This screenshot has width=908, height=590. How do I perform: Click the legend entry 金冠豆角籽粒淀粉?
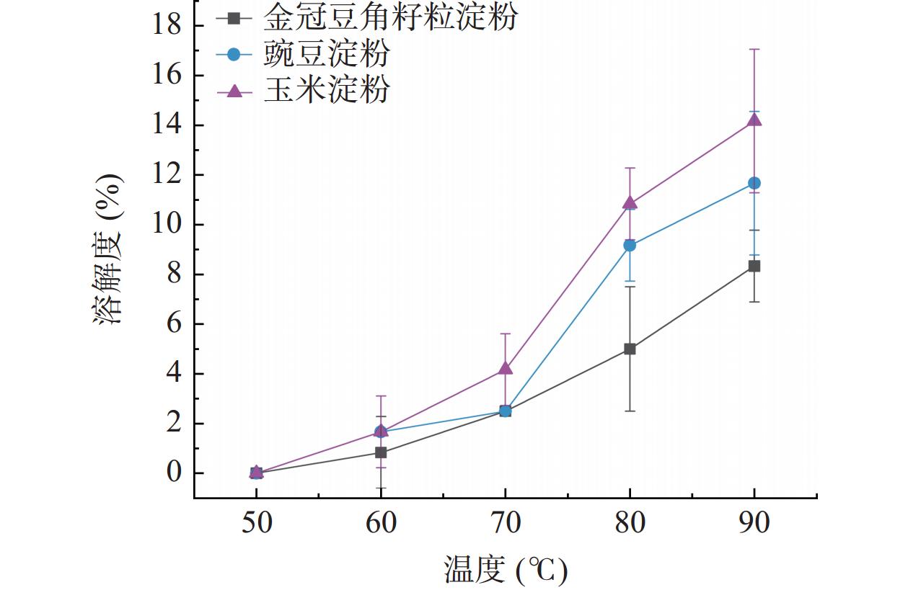(x=389, y=17)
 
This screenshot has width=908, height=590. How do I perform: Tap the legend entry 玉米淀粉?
(x=326, y=90)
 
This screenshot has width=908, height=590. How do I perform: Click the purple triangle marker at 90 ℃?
(x=754, y=120)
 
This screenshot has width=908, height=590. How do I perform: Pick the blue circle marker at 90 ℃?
(x=754, y=183)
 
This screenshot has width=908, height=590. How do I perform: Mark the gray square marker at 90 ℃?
(x=754, y=266)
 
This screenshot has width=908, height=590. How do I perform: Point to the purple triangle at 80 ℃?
(x=630, y=202)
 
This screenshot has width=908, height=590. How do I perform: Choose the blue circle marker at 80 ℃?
(x=630, y=245)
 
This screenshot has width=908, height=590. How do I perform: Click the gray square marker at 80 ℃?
(x=630, y=349)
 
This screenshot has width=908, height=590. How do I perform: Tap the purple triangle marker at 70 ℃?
(x=505, y=368)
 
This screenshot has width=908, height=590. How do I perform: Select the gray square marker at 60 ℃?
(x=381, y=452)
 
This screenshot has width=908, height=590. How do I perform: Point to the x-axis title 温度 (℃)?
(x=505, y=571)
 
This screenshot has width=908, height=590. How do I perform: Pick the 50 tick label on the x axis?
(x=256, y=522)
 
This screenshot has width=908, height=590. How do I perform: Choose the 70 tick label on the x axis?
(x=505, y=522)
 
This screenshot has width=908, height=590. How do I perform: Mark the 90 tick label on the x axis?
(x=754, y=522)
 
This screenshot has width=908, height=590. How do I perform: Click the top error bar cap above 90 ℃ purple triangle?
(x=754, y=49)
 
